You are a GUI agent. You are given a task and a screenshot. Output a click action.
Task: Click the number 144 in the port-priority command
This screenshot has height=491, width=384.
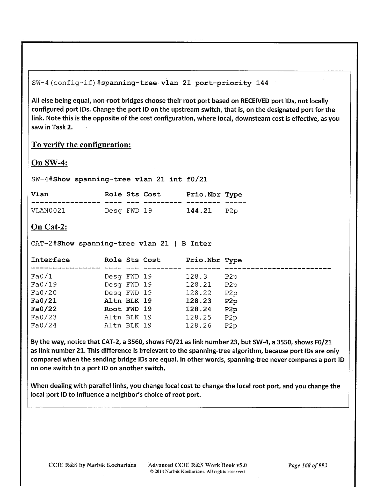[262, 83]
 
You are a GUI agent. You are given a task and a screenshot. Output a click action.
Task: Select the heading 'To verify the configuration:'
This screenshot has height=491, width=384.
[81, 145]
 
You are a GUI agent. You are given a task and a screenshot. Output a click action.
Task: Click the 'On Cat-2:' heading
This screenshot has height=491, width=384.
[49, 227]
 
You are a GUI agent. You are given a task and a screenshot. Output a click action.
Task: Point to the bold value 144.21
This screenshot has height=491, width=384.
[199, 211]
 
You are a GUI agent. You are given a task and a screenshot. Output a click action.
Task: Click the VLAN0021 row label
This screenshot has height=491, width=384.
[48, 211]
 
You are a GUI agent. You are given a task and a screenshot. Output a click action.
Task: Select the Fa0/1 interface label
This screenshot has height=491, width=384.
[41, 277]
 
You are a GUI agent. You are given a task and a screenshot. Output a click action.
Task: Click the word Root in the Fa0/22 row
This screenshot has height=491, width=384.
[113, 309]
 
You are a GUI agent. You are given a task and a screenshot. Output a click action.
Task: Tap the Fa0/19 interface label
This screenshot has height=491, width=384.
[44, 285]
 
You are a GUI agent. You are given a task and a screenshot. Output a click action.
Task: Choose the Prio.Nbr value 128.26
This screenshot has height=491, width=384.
[198, 326]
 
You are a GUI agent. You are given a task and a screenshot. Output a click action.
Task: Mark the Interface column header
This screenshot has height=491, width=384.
[50, 260]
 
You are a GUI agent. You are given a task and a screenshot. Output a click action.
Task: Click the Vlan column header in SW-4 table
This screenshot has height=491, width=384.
[40, 194]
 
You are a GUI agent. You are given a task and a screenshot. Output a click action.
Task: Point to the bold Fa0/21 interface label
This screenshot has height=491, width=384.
[44, 301]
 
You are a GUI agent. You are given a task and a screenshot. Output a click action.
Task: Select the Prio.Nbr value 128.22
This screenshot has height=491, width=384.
[198, 293]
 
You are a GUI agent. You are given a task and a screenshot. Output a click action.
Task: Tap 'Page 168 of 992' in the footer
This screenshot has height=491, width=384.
[308, 465]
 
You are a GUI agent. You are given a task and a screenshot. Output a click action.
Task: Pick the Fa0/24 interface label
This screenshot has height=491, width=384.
[44, 326]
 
